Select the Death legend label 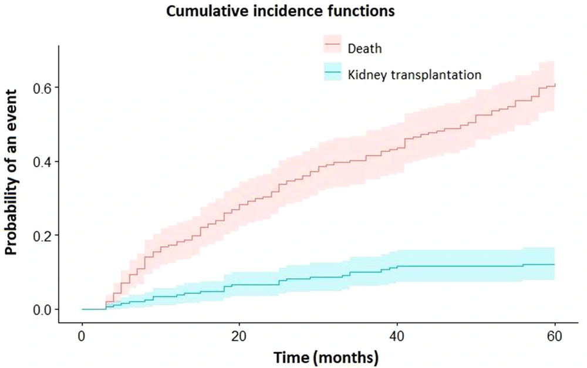365,48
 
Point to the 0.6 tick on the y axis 41,87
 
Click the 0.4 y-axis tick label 41,161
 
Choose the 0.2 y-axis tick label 41,235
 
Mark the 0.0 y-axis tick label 41,309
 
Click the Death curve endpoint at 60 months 554,85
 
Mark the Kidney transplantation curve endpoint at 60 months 554,265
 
